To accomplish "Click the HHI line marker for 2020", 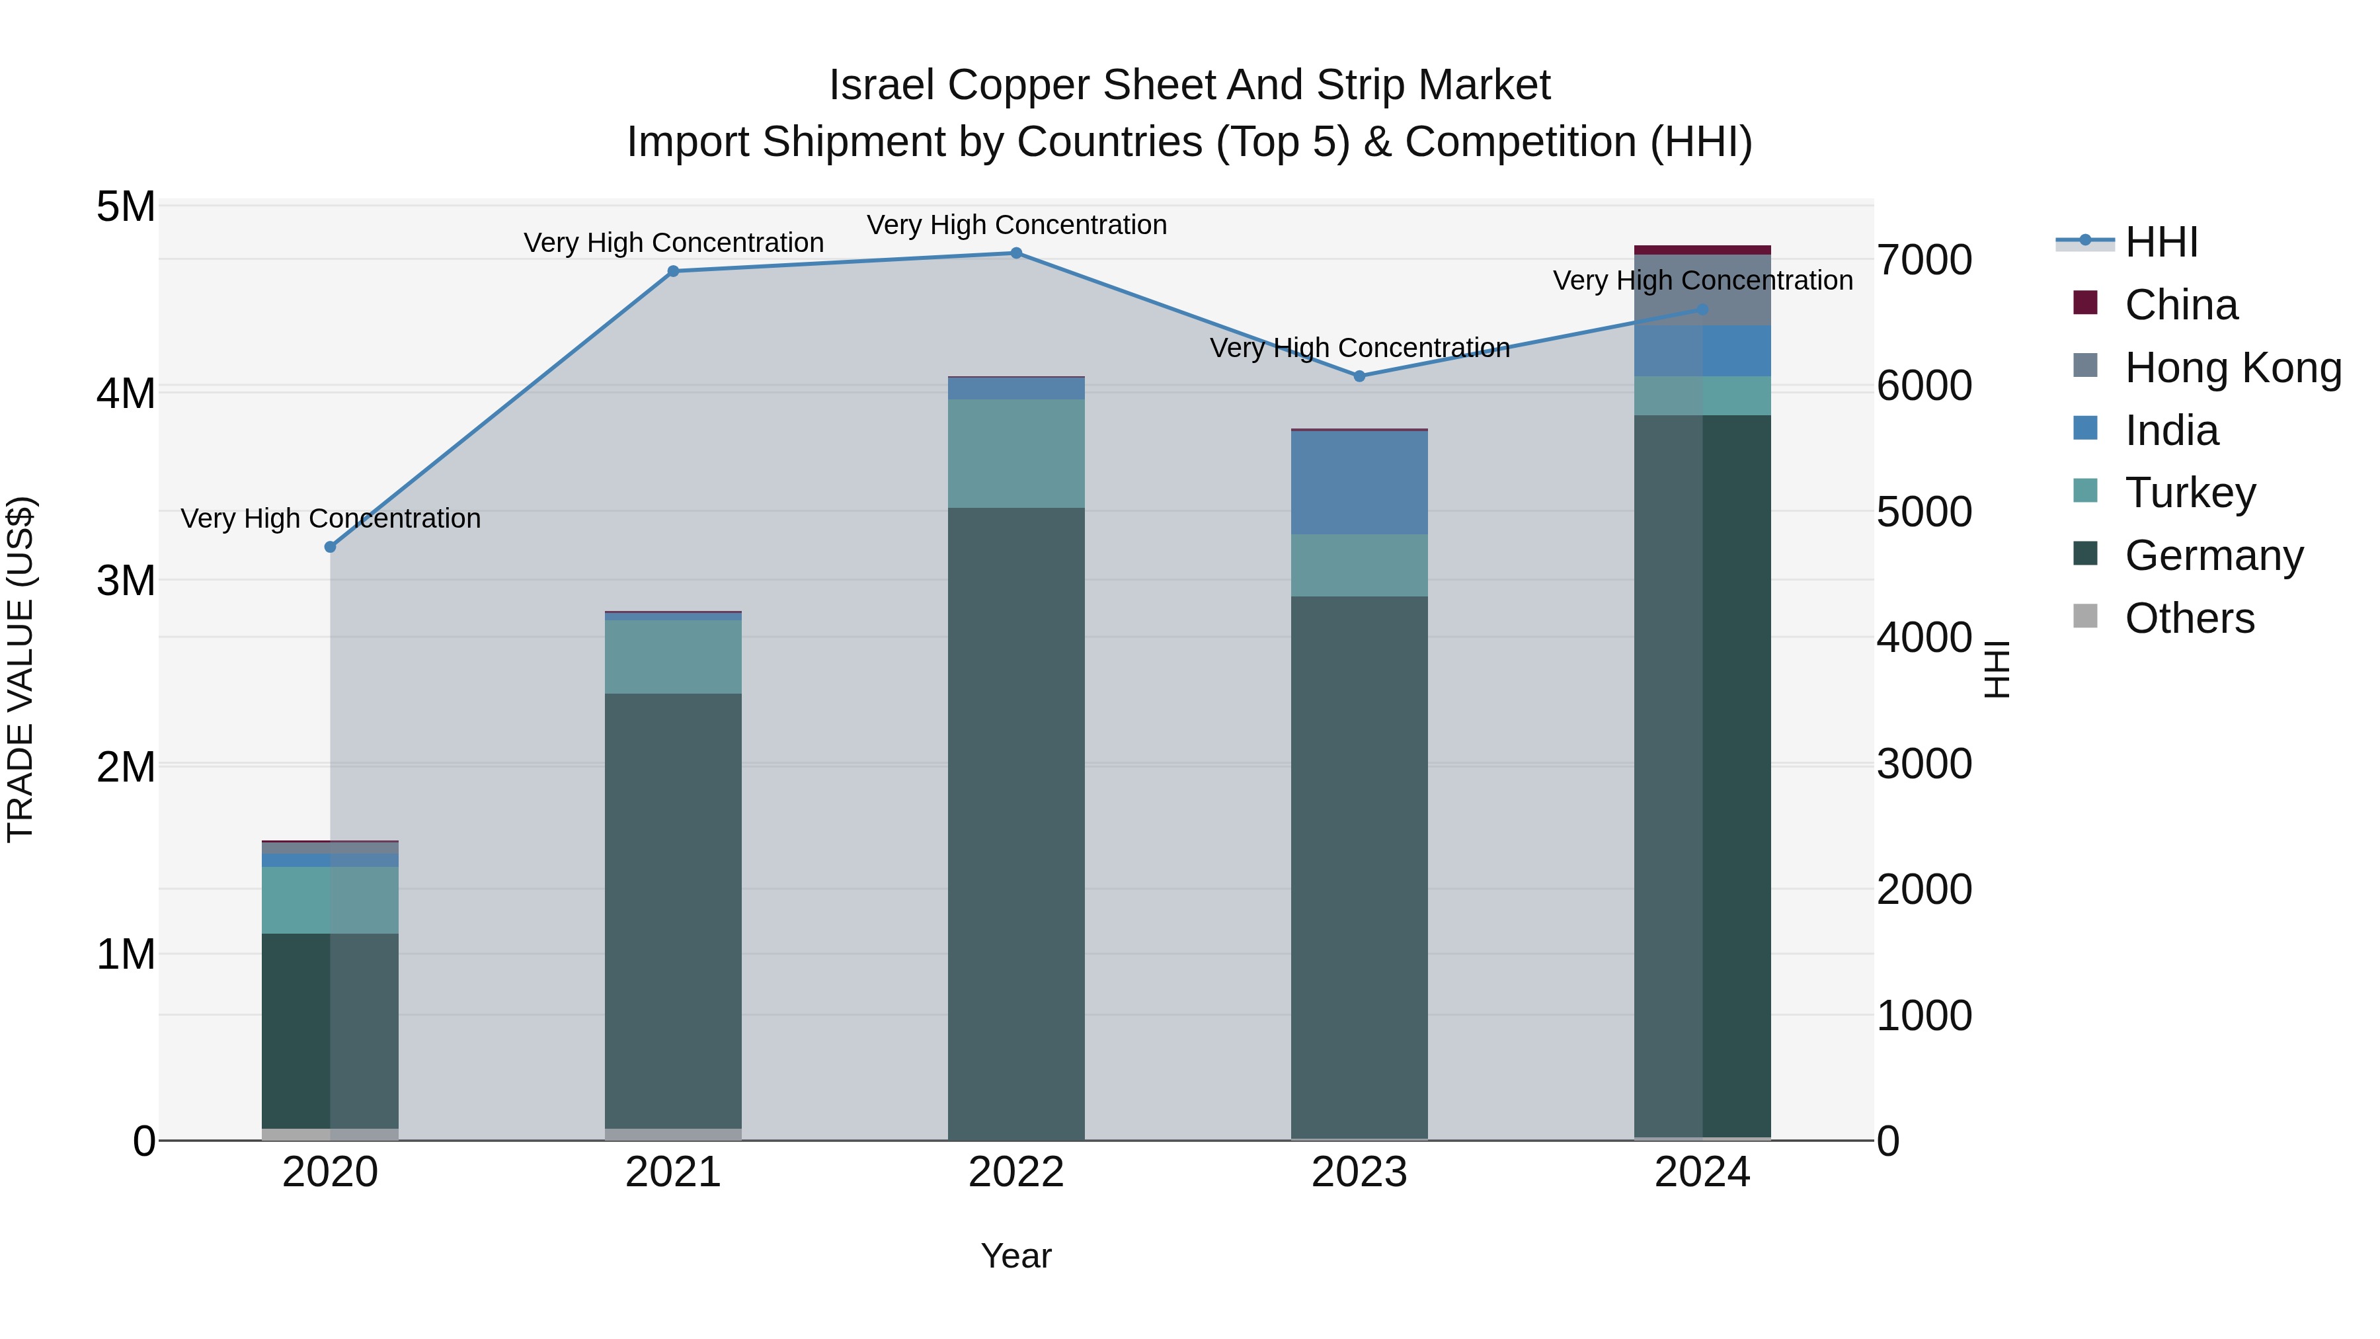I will [x=330, y=547].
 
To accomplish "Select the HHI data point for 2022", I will [x=1015, y=253].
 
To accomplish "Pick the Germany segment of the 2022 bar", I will [x=1015, y=823].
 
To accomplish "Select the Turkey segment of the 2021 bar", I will [x=672, y=656].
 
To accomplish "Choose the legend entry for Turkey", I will [x=2190, y=493].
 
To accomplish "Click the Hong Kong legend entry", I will [x=2232, y=368].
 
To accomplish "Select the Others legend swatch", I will [x=2085, y=616].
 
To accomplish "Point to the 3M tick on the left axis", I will [x=126, y=581].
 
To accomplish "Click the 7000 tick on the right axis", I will [x=1924, y=260].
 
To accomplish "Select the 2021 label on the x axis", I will [x=672, y=1172].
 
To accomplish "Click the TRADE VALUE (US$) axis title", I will [x=20, y=669].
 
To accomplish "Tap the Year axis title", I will [x=1015, y=1256].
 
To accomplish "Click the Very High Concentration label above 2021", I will [x=672, y=243].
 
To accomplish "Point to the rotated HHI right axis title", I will [x=1996, y=669].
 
